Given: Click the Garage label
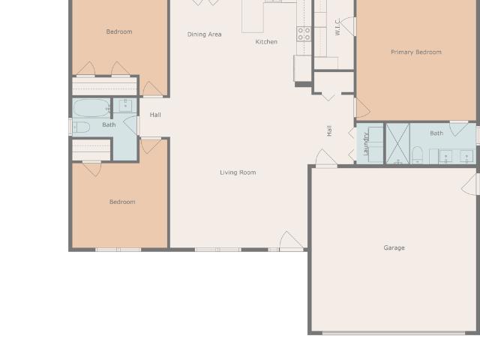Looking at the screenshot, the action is tap(394, 247).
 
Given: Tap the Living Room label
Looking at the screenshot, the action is tap(238, 172).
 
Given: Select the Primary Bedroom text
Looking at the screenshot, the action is tap(416, 52).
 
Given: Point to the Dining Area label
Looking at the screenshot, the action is tap(204, 34).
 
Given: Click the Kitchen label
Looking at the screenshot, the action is tap(266, 42).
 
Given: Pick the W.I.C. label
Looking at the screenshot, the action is tap(337, 27).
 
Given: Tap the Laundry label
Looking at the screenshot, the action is tap(365, 144).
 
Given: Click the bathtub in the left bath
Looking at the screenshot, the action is tap(91, 107).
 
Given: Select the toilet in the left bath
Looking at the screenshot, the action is tap(81, 127).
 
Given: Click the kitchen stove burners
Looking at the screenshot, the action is tap(304, 34).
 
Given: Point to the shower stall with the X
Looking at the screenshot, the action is tap(397, 143).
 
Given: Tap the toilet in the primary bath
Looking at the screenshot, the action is tap(417, 155).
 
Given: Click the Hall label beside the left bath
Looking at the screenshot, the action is tap(155, 115).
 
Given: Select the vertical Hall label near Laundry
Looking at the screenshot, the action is tap(329, 130).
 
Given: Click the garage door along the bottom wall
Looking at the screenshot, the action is tap(394, 333).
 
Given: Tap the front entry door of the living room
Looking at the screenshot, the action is tap(291, 241).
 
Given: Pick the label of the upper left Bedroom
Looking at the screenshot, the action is tap(119, 31).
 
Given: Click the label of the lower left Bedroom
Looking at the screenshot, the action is tap(122, 202).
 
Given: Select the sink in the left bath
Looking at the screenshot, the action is tap(125, 106).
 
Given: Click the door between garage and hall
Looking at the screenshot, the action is tap(326, 158).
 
